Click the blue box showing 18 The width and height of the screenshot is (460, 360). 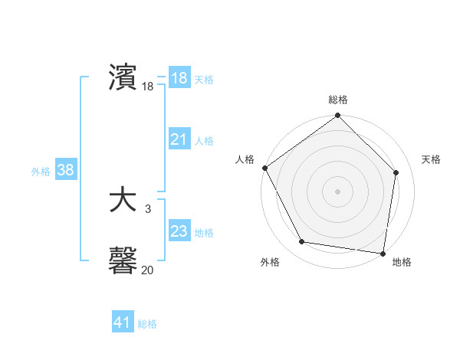(x=179, y=79)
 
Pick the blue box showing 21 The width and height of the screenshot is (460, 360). (x=179, y=139)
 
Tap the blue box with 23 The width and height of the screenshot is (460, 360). (x=179, y=231)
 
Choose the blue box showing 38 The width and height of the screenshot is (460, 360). (x=65, y=170)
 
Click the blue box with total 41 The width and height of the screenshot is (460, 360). (x=123, y=322)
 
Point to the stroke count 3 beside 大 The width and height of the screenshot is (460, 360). (x=147, y=208)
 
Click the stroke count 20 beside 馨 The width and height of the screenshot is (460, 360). (x=147, y=270)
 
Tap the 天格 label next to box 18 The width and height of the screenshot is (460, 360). (x=204, y=80)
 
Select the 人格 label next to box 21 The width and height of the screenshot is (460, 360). (x=204, y=141)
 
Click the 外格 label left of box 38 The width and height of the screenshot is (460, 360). (x=41, y=172)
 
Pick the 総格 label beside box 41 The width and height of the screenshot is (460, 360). (x=147, y=324)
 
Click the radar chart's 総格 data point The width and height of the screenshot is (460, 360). (x=338, y=116)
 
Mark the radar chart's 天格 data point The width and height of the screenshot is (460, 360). (x=396, y=172)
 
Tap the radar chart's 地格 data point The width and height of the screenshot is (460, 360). (x=383, y=252)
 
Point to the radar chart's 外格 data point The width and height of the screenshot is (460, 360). (x=302, y=242)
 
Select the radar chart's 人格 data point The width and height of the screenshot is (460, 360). (x=265, y=168)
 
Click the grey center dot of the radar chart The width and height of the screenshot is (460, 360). (x=338, y=191)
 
